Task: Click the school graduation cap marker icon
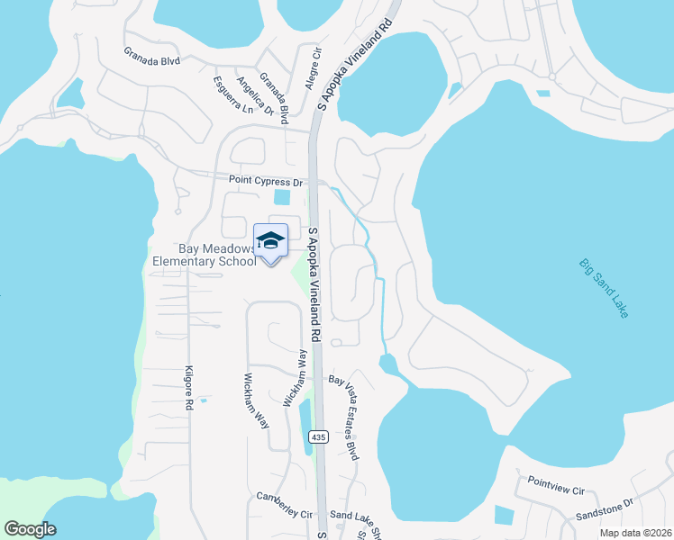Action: pyautogui.click(x=270, y=241)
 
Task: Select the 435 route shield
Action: pyautogui.click(x=317, y=436)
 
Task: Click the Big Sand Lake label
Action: pyautogui.click(x=604, y=288)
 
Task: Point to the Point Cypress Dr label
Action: pyautogui.click(x=266, y=180)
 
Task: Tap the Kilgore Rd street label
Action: pyautogui.click(x=189, y=389)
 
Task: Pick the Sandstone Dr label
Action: pyautogui.click(x=606, y=510)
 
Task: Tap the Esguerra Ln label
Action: pyautogui.click(x=233, y=94)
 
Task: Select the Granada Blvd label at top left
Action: pyautogui.click(x=152, y=60)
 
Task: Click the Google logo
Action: pyautogui.click(x=30, y=529)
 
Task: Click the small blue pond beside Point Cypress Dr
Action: pyautogui.click(x=282, y=196)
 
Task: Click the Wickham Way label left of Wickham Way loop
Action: pyautogui.click(x=257, y=400)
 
